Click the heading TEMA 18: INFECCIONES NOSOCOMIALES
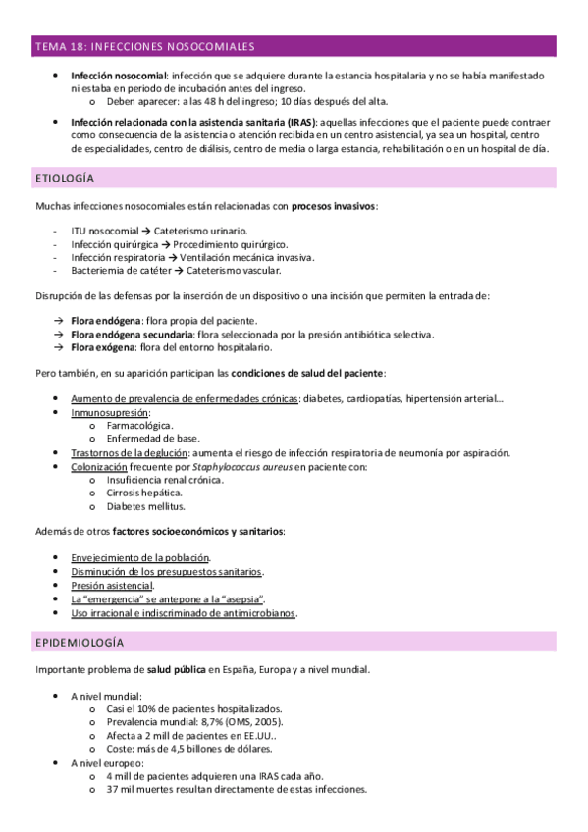click(144, 46)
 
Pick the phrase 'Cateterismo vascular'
click(236, 270)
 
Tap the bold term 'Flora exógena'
click(103, 347)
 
